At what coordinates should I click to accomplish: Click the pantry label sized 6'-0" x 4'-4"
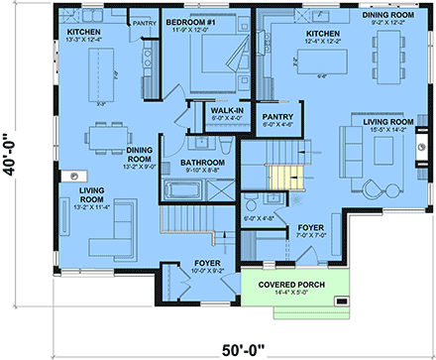click(276, 120)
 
